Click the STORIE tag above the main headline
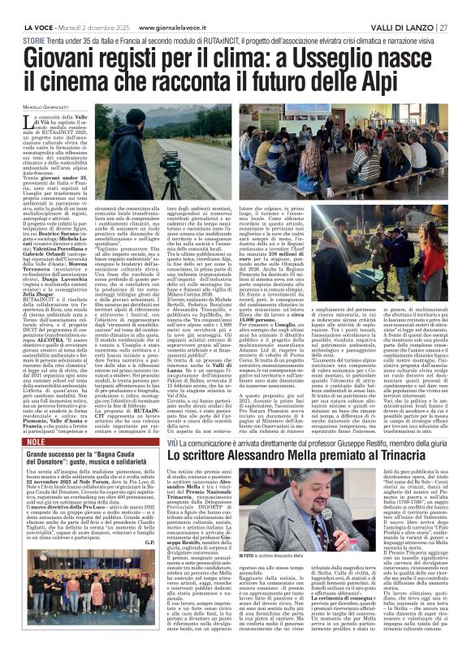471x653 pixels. [x=33, y=39]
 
